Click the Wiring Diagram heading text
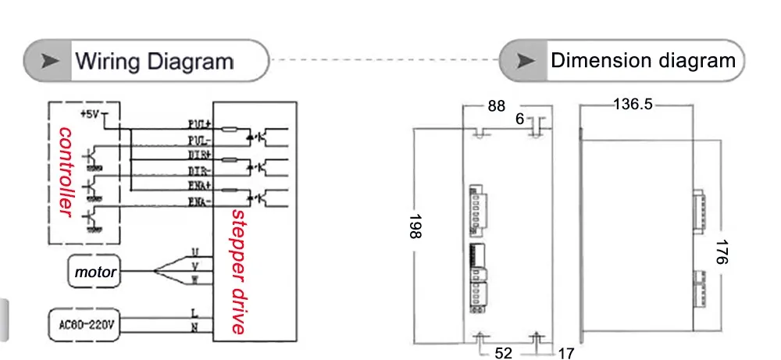(154, 61)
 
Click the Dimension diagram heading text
(643, 61)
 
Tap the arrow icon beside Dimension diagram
(527, 61)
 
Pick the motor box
(95, 273)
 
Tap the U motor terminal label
(194, 251)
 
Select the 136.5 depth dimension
(632, 105)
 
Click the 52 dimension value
(505, 353)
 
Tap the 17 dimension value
(566, 353)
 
